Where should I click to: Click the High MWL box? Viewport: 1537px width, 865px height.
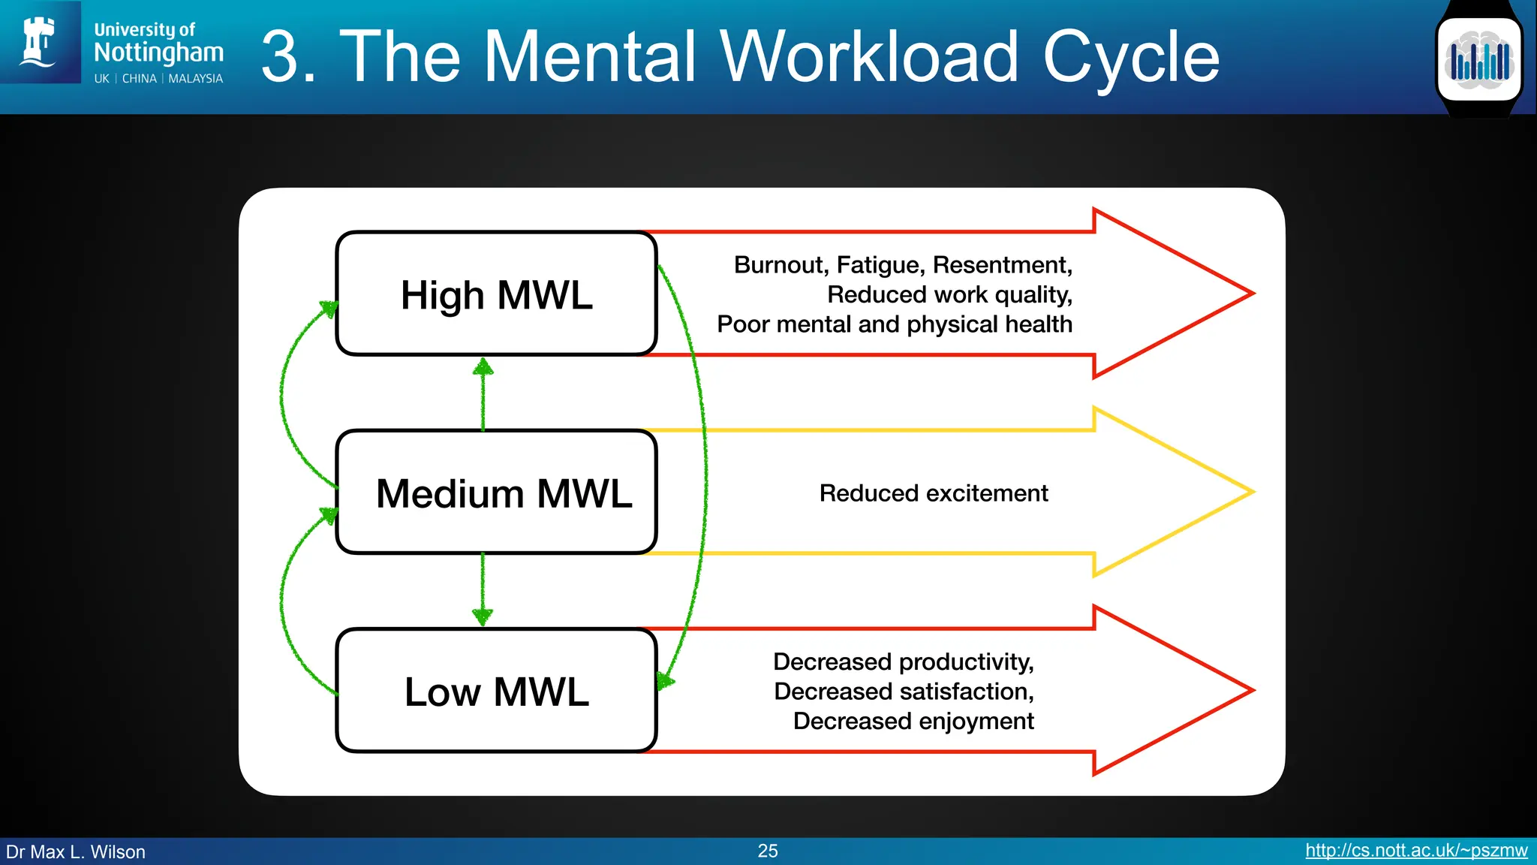pyautogui.click(x=496, y=294)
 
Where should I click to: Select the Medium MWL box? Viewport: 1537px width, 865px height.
pyautogui.click(x=496, y=493)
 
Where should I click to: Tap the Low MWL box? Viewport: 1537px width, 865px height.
pyautogui.click(x=496, y=691)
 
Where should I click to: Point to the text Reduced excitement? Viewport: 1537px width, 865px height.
pyautogui.click(x=933, y=493)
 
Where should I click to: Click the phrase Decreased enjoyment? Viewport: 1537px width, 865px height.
pyautogui.click(x=913, y=721)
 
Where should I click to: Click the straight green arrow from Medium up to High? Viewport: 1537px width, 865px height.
pyautogui.click(x=483, y=394)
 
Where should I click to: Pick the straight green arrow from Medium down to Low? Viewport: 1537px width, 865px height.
pyautogui.click(x=483, y=589)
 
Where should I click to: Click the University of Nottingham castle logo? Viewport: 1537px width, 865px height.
pyautogui.click(x=40, y=42)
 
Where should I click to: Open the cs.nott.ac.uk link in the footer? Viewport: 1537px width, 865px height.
pyautogui.click(x=1415, y=851)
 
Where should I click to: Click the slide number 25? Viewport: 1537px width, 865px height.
pyautogui.click(x=767, y=851)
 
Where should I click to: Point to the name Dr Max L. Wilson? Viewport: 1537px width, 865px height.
pyautogui.click(x=76, y=852)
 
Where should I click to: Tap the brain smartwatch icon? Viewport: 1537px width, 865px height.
pyautogui.click(x=1478, y=59)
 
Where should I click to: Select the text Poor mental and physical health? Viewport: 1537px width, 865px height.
pyautogui.click(x=894, y=324)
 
